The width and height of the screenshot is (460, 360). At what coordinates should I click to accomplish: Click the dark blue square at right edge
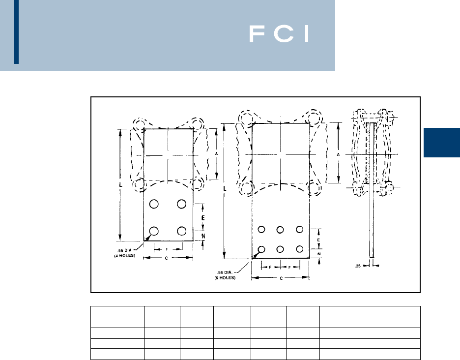coord(441,143)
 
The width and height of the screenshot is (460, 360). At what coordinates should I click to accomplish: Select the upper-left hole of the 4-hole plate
coord(154,204)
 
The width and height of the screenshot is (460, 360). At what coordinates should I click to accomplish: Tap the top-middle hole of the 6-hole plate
coord(280,229)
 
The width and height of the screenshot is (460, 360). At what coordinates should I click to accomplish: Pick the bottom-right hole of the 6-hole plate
coord(299,249)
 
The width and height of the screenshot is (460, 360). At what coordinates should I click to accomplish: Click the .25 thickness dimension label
coord(359,266)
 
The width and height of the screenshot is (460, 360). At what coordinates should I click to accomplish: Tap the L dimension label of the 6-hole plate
coord(225,189)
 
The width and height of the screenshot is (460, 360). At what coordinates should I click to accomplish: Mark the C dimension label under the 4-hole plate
coord(168,258)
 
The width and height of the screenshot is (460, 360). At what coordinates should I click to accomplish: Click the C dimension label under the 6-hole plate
coord(280,278)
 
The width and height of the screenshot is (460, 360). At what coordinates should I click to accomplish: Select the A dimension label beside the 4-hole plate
coord(217,154)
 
